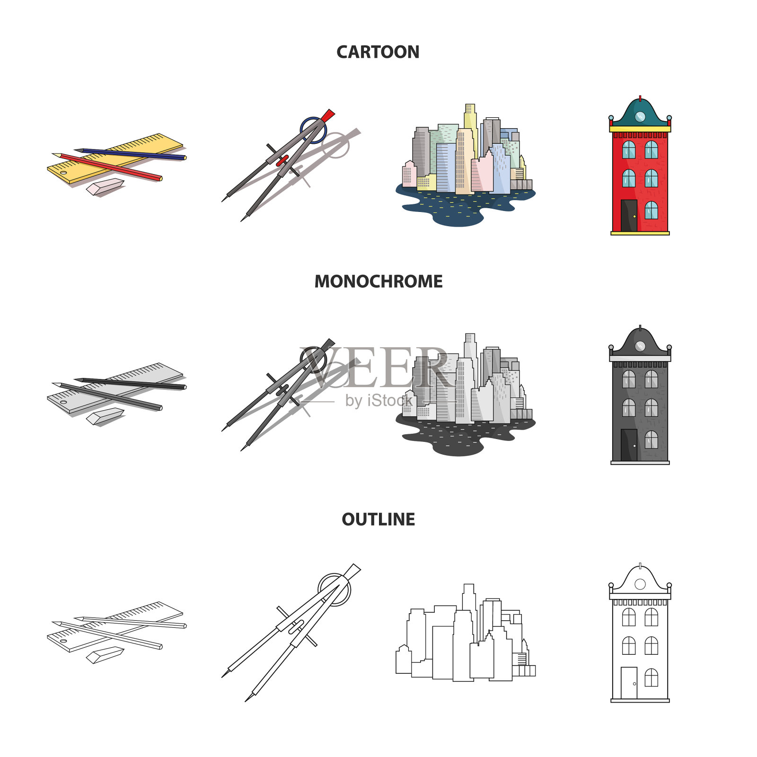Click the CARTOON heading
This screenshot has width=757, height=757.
[x=378, y=52]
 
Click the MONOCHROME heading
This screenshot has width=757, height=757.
[x=378, y=282]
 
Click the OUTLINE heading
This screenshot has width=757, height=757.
[x=378, y=519]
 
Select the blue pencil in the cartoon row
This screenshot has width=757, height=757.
[x=130, y=154]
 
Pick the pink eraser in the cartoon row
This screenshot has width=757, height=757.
[x=105, y=186]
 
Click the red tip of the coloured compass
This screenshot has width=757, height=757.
[x=327, y=115]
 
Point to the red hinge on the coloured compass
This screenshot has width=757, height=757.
[x=282, y=160]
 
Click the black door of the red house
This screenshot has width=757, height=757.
[x=629, y=216]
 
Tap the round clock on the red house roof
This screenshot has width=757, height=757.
[x=640, y=117]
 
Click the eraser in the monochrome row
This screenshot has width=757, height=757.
[x=105, y=416]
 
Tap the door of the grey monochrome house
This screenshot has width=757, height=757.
[x=629, y=445]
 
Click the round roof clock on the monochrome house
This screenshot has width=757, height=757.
[x=640, y=346]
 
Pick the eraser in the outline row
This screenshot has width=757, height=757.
[x=105, y=655]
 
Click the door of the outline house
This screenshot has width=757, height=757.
[x=629, y=683]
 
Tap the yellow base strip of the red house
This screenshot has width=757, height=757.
[x=640, y=233]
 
